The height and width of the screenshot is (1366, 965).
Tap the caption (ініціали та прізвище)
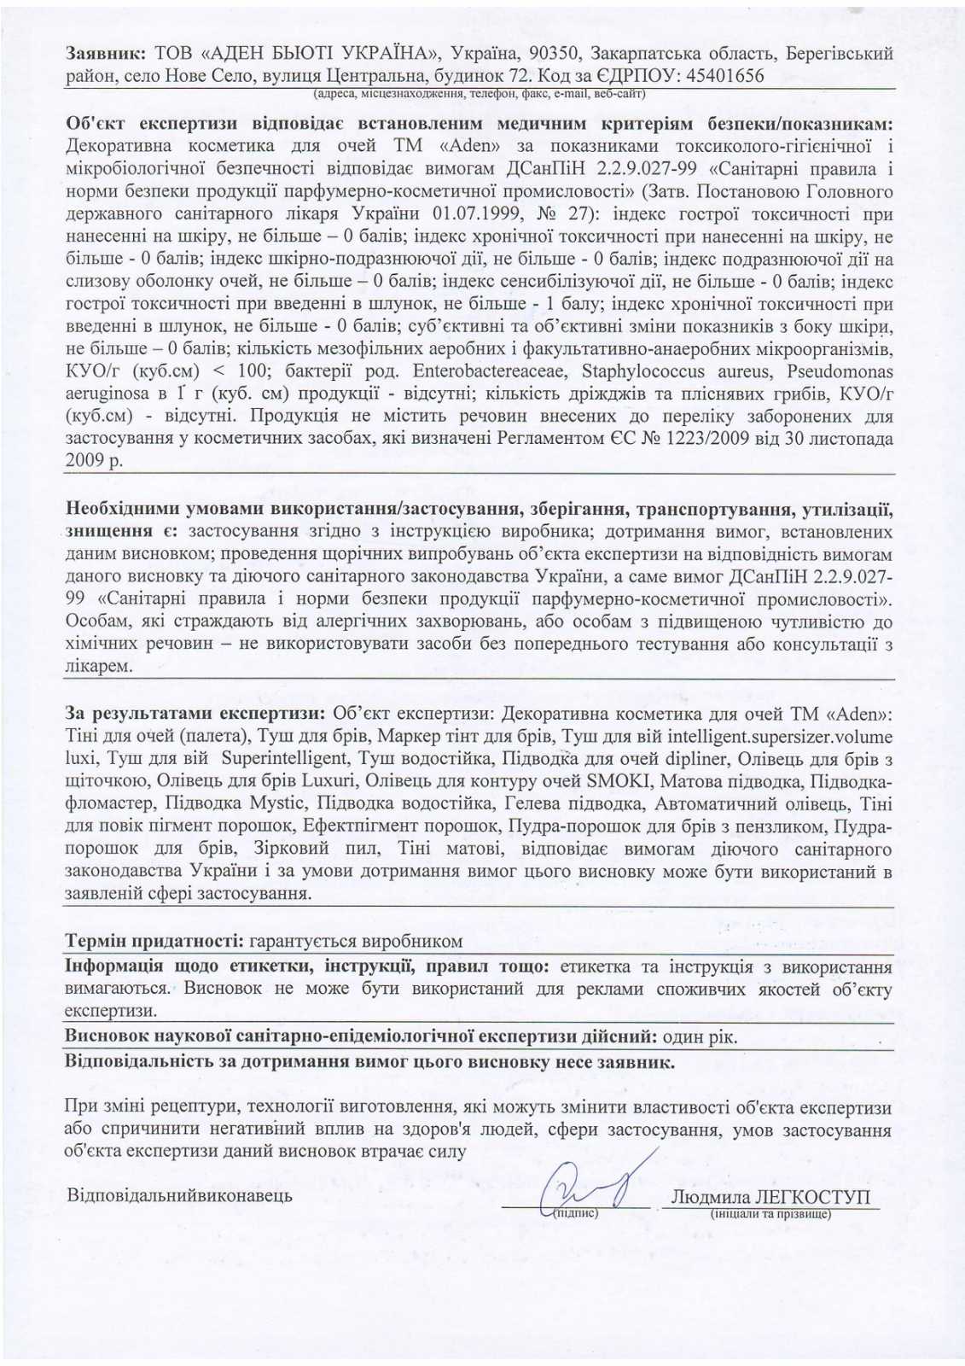[x=770, y=1213]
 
